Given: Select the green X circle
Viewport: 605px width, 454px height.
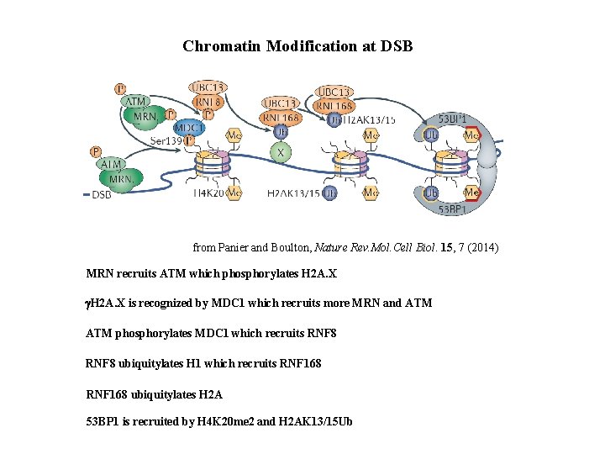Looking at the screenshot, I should point(283,154).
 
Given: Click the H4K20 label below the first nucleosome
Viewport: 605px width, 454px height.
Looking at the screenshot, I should point(211,193).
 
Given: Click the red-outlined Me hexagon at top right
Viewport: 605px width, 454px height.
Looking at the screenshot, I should point(472,135).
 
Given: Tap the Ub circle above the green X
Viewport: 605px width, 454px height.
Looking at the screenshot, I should point(284,133).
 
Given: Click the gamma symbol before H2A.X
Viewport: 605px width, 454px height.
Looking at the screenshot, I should point(89,303).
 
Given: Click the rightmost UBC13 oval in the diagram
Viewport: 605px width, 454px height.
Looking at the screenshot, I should point(334,91).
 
